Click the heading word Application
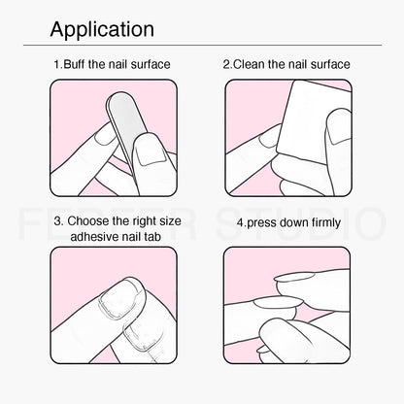click(102, 29)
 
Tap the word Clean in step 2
click(250, 64)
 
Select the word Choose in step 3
click(88, 221)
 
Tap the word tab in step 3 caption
click(153, 237)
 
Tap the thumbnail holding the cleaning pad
click(338, 129)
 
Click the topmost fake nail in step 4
click(294, 277)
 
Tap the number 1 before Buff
click(56, 64)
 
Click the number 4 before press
click(240, 222)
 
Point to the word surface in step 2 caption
click(330, 64)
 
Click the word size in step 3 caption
click(170, 221)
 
